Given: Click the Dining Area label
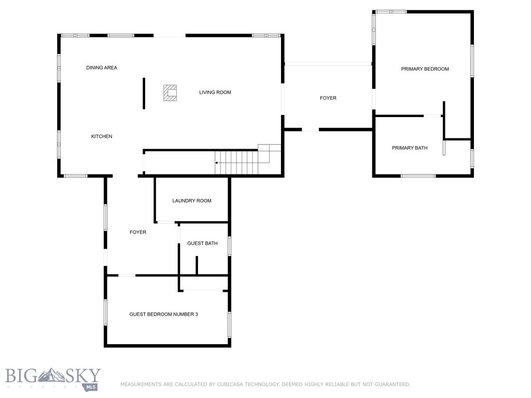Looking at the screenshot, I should [102, 68].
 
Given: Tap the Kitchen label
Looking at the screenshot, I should [102, 136].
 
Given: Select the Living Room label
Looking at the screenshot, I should [215, 93].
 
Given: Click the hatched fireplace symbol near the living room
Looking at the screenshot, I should [170, 93].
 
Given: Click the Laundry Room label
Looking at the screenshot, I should [192, 201].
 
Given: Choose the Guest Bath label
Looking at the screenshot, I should [202, 244].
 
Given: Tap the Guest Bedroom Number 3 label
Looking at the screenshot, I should [164, 315].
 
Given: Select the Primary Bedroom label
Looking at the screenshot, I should [425, 69].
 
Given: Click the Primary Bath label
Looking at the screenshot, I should [410, 148].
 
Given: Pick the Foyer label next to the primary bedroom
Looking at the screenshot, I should [328, 98].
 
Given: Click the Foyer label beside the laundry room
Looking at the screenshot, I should [138, 232].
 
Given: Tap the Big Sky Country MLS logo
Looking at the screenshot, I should [53, 378].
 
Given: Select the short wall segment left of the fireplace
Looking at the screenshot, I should [144, 93].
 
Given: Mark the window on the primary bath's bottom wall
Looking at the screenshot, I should [418, 176].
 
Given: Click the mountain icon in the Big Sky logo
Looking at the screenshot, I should [53, 374].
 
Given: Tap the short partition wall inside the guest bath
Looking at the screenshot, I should [197, 265].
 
